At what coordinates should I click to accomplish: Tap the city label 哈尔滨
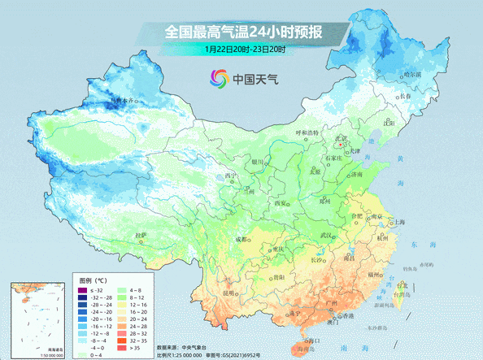[x=414, y=74]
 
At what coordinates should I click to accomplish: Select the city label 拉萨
[x=142, y=235]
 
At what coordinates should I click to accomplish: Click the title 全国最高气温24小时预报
[x=244, y=33]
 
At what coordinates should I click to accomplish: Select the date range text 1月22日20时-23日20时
[x=245, y=50]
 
